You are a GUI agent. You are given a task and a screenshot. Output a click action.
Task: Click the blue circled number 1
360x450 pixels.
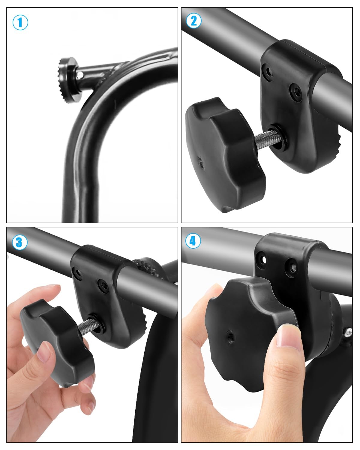tap(20, 22)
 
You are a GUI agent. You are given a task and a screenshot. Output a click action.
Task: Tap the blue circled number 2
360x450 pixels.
tap(194, 21)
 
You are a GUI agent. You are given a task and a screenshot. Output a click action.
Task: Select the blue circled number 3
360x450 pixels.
tap(20, 242)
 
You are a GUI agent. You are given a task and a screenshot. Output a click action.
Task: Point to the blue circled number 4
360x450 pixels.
tap(193, 241)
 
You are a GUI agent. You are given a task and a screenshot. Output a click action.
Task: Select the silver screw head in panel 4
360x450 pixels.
tap(348, 331)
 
